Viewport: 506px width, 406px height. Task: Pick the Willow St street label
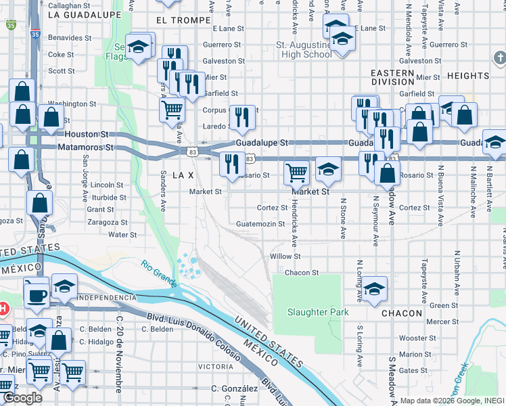pyautogui.click(x=285, y=256)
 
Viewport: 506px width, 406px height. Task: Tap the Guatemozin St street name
pyautogui.click(x=260, y=224)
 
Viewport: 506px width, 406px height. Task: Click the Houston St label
pyautogui.click(x=87, y=135)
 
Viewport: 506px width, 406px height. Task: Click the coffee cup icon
pyautogui.click(x=37, y=294)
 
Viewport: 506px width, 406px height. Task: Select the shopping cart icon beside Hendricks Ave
pyautogui.click(x=296, y=173)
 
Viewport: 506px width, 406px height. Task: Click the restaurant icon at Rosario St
pyautogui.click(x=232, y=163)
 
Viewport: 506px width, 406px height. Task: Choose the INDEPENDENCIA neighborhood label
pyautogui.click(x=108, y=298)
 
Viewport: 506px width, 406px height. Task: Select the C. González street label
pyautogui.click(x=234, y=388)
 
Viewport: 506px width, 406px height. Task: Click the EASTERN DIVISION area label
pyautogui.click(x=392, y=77)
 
